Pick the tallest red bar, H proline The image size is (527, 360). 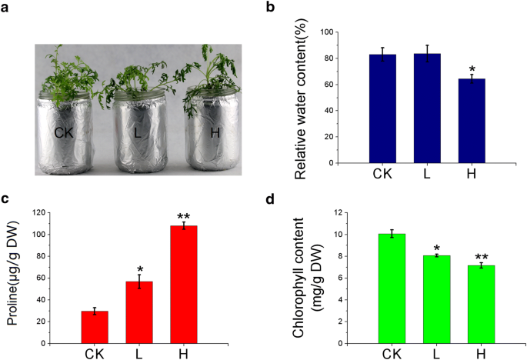[x=184, y=282]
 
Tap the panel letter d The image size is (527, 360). [x=268, y=201]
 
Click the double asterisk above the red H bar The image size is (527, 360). [x=184, y=217]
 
